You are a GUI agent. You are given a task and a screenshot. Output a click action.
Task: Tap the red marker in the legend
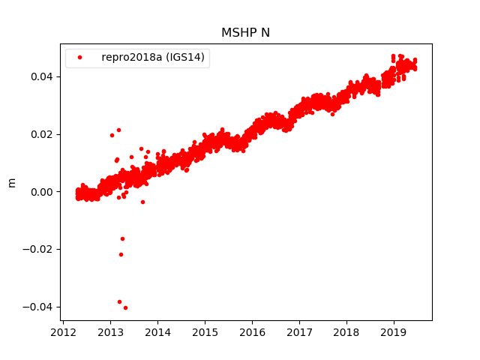[80, 58]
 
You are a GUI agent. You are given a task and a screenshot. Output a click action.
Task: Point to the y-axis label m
[11, 182]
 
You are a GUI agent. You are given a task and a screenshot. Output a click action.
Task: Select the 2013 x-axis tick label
[111, 332]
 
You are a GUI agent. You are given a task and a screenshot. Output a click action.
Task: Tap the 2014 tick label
[158, 332]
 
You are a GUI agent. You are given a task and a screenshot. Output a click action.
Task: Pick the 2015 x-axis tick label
[205, 332]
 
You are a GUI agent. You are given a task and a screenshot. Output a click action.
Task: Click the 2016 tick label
[253, 332]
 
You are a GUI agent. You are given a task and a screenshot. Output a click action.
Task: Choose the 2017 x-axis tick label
[300, 332]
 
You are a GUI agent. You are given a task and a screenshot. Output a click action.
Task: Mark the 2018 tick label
[347, 332]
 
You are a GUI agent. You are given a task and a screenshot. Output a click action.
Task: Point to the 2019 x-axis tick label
[394, 332]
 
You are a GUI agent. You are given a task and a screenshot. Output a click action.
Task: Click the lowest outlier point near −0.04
[125, 307]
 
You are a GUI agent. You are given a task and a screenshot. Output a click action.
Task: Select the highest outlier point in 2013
[118, 130]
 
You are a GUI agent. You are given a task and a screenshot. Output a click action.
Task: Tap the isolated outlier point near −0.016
[122, 238]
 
